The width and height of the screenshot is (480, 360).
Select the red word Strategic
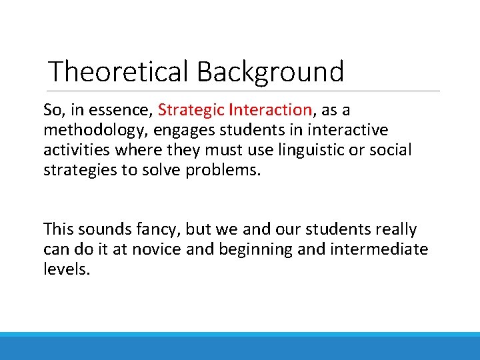point(191,109)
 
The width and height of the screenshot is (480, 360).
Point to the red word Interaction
point(271,109)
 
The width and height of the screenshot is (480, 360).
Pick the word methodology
point(88,129)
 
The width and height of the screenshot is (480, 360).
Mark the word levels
point(66,270)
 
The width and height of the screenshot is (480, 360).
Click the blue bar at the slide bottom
point(240,347)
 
